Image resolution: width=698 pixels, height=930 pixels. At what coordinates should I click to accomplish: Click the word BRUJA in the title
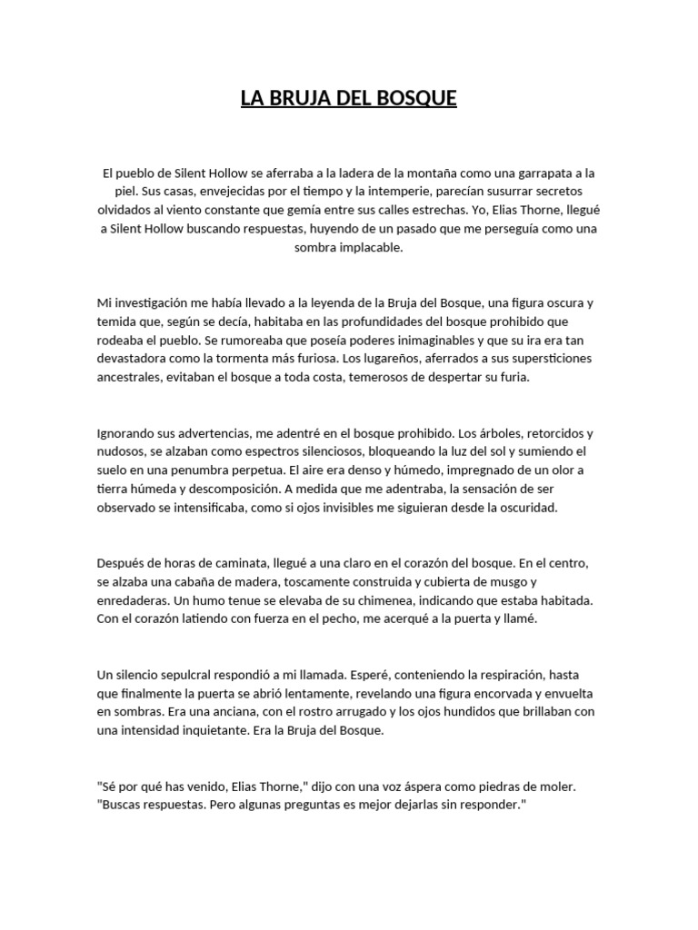(301, 97)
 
